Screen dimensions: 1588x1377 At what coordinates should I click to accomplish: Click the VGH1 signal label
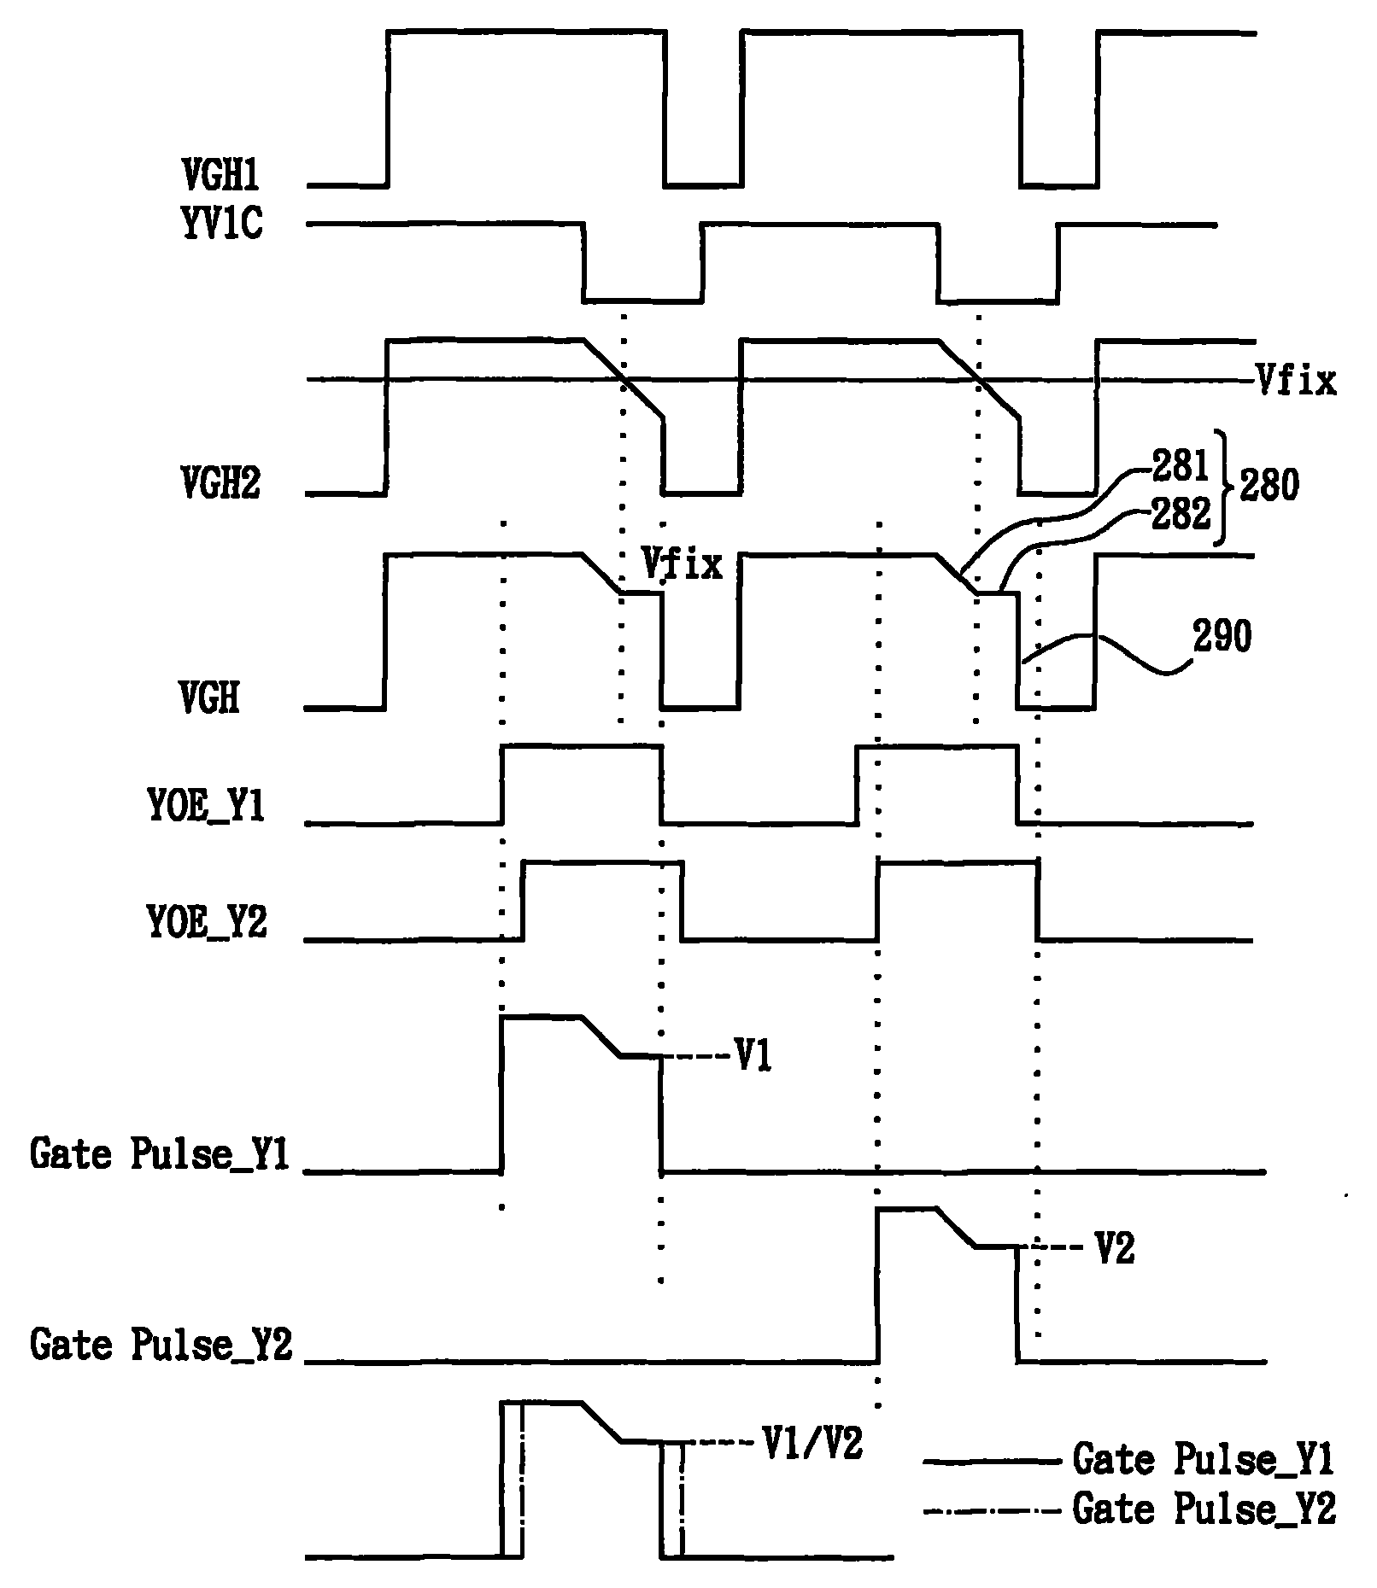(x=220, y=176)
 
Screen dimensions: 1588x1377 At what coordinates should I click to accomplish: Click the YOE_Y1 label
(x=206, y=808)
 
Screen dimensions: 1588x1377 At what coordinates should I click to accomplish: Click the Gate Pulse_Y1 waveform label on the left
(x=160, y=1154)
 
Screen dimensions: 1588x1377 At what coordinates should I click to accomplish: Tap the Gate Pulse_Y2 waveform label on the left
(x=160, y=1345)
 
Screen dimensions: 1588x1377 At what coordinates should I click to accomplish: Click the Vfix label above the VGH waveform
(x=682, y=564)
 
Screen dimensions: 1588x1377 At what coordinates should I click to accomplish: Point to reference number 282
(x=1181, y=514)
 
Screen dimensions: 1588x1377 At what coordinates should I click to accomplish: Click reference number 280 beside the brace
(x=1269, y=487)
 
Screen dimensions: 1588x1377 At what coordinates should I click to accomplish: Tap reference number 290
(x=1222, y=638)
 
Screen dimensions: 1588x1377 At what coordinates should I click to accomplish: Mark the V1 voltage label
(x=753, y=1057)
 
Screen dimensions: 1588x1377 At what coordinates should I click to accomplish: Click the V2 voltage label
(x=1115, y=1249)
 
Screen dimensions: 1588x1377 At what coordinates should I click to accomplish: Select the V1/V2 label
(x=812, y=1443)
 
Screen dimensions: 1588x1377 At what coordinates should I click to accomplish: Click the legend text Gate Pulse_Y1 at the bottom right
(x=1203, y=1460)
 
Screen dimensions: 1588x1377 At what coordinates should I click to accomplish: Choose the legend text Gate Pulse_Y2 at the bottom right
(x=1203, y=1509)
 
